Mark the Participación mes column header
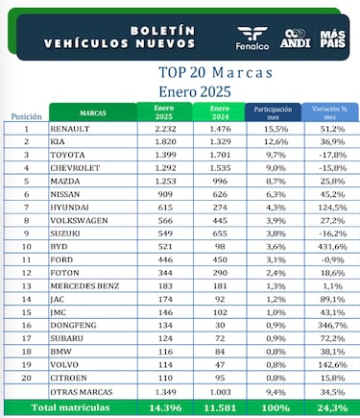pos(274,112)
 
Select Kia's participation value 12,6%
pos(274,141)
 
